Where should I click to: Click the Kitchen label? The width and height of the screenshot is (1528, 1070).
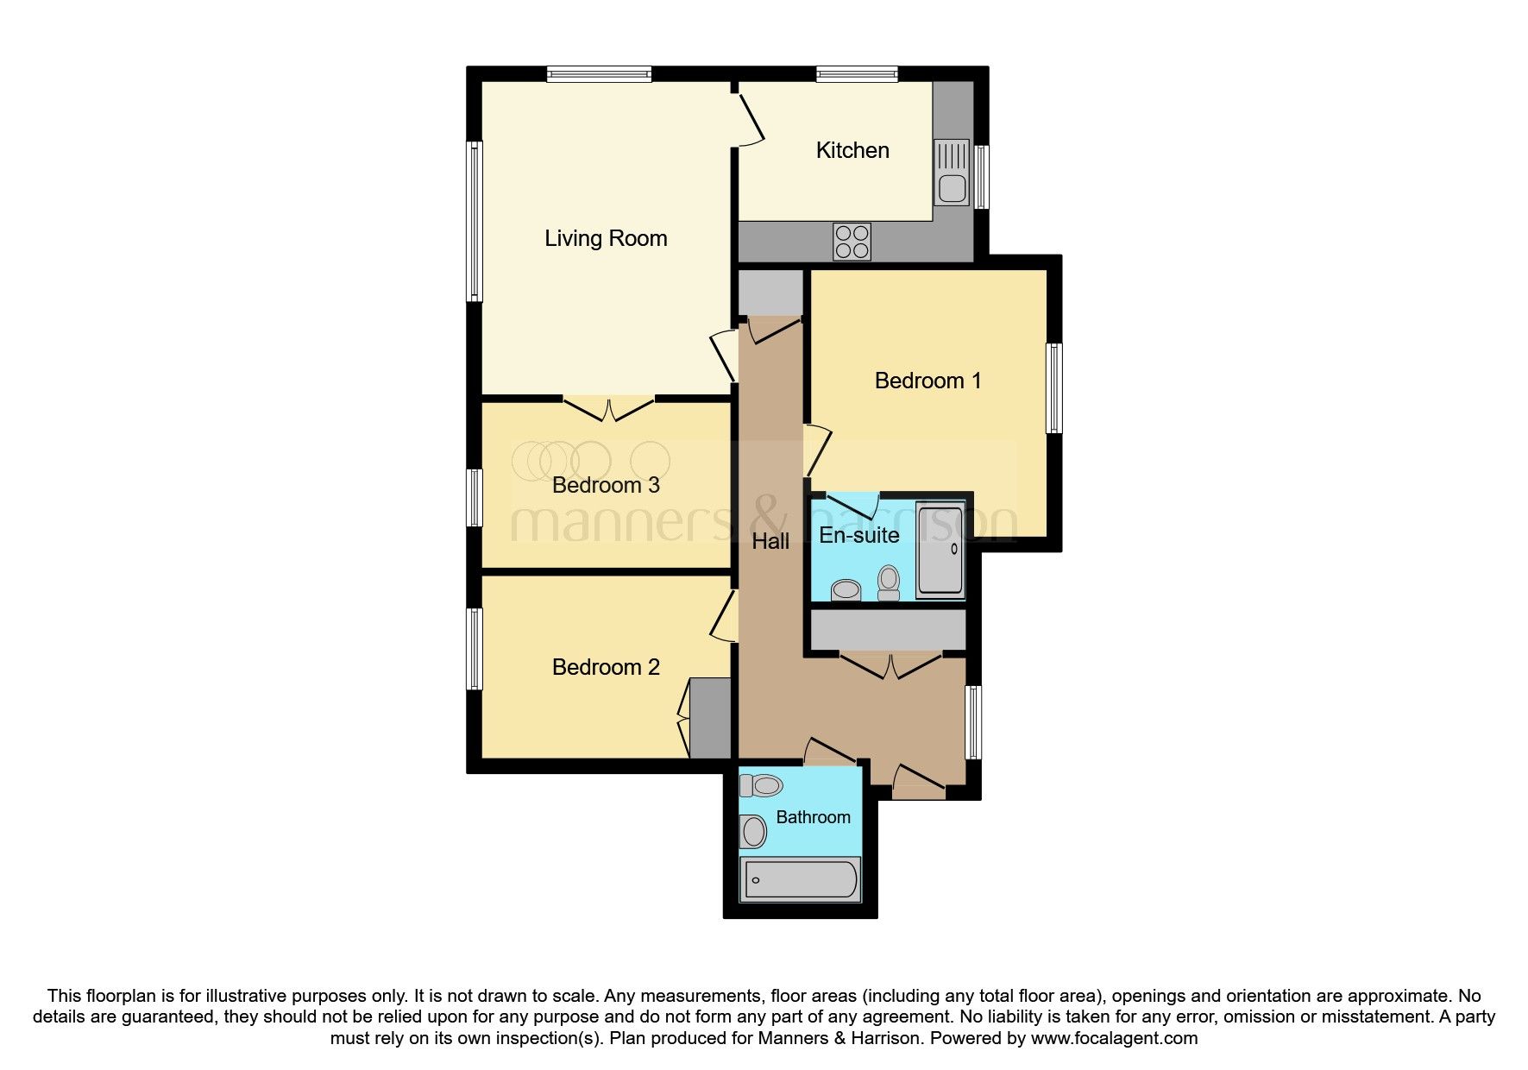tap(852, 150)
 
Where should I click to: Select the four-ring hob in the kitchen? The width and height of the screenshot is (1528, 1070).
tap(852, 242)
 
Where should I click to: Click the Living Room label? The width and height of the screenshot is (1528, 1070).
tap(606, 238)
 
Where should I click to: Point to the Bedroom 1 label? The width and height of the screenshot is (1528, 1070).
tap(927, 381)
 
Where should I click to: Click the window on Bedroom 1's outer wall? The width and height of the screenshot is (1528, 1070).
tap(1054, 387)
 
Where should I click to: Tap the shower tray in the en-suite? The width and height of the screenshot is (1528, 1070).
tap(940, 551)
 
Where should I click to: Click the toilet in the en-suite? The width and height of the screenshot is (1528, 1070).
tap(889, 582)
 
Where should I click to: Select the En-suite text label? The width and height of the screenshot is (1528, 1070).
tap(858, 535)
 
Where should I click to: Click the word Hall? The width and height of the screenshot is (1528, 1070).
tap(770, 541)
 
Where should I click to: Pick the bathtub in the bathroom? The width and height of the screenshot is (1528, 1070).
tap(801, 879)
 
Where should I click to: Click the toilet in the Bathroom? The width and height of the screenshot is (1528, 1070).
tap(761, 785)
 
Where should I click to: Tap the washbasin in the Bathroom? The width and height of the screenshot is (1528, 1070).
tap(753, 833)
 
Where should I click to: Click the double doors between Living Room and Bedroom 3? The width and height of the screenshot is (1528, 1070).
tap(609, 409)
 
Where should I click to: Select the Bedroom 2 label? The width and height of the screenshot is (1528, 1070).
tap(606, 667)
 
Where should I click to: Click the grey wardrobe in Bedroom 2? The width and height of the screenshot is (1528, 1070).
tap(711, 719)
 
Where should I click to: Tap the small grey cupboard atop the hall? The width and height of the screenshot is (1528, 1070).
tap(770, 293)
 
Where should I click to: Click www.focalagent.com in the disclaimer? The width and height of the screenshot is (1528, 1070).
tap(1114, 1038)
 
